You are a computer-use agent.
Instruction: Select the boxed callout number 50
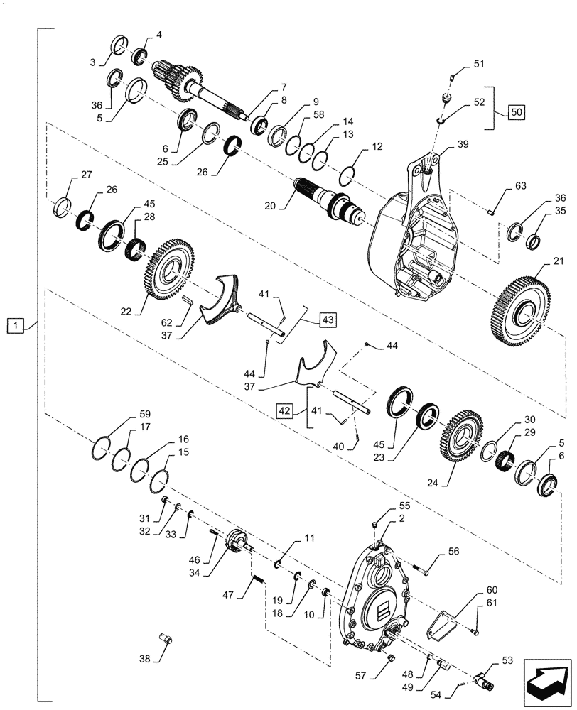tap(518, 112)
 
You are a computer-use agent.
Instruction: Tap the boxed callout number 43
tap(327, 319)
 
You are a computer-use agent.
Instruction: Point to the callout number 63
tap(520, 187)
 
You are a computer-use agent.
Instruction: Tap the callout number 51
tap(478, 64)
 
